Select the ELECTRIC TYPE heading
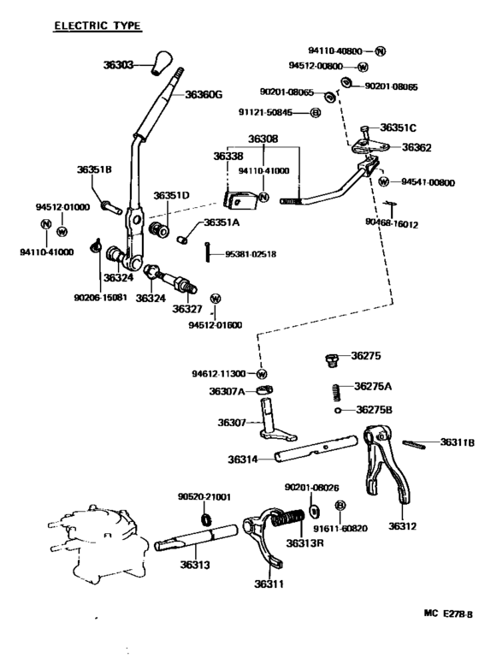[x=98, y=27]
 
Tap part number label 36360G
[x=204, y=94]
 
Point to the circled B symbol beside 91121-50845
[x=316, y=113]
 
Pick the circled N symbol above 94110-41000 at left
[x=44, y=224]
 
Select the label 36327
[x=186, y=308]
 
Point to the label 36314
[x=245, y=459]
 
